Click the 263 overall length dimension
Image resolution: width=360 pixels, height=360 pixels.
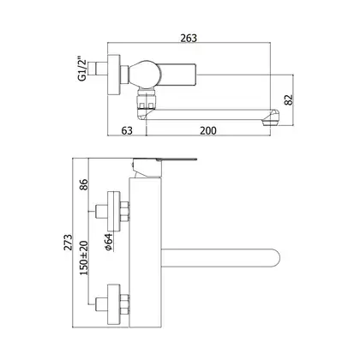[x=189, y=38]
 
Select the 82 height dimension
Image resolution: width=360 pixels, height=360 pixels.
[x=289, y=99]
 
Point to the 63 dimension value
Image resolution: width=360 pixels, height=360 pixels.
[x=127, y=130]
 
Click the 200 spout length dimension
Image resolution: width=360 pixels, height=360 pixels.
[x=208, y=130]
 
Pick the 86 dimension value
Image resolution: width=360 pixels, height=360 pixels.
[x=83, y=184]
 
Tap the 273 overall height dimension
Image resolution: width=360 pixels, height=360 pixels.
[x=68, y=243]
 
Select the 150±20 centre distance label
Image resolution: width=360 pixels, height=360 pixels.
[x=84, y=258]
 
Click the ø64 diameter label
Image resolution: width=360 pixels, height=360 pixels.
[x=109, y=243]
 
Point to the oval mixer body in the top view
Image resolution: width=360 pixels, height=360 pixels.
[x=145, y=75]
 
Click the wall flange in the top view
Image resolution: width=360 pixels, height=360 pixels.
[x=114, y=75]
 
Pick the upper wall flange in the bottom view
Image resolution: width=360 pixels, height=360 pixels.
[x=114, y=211]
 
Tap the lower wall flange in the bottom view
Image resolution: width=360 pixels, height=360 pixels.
[x=114, y=304]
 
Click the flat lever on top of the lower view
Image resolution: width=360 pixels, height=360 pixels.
[x=165, y=159]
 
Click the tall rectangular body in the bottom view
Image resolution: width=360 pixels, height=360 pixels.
[x=146, y=252]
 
